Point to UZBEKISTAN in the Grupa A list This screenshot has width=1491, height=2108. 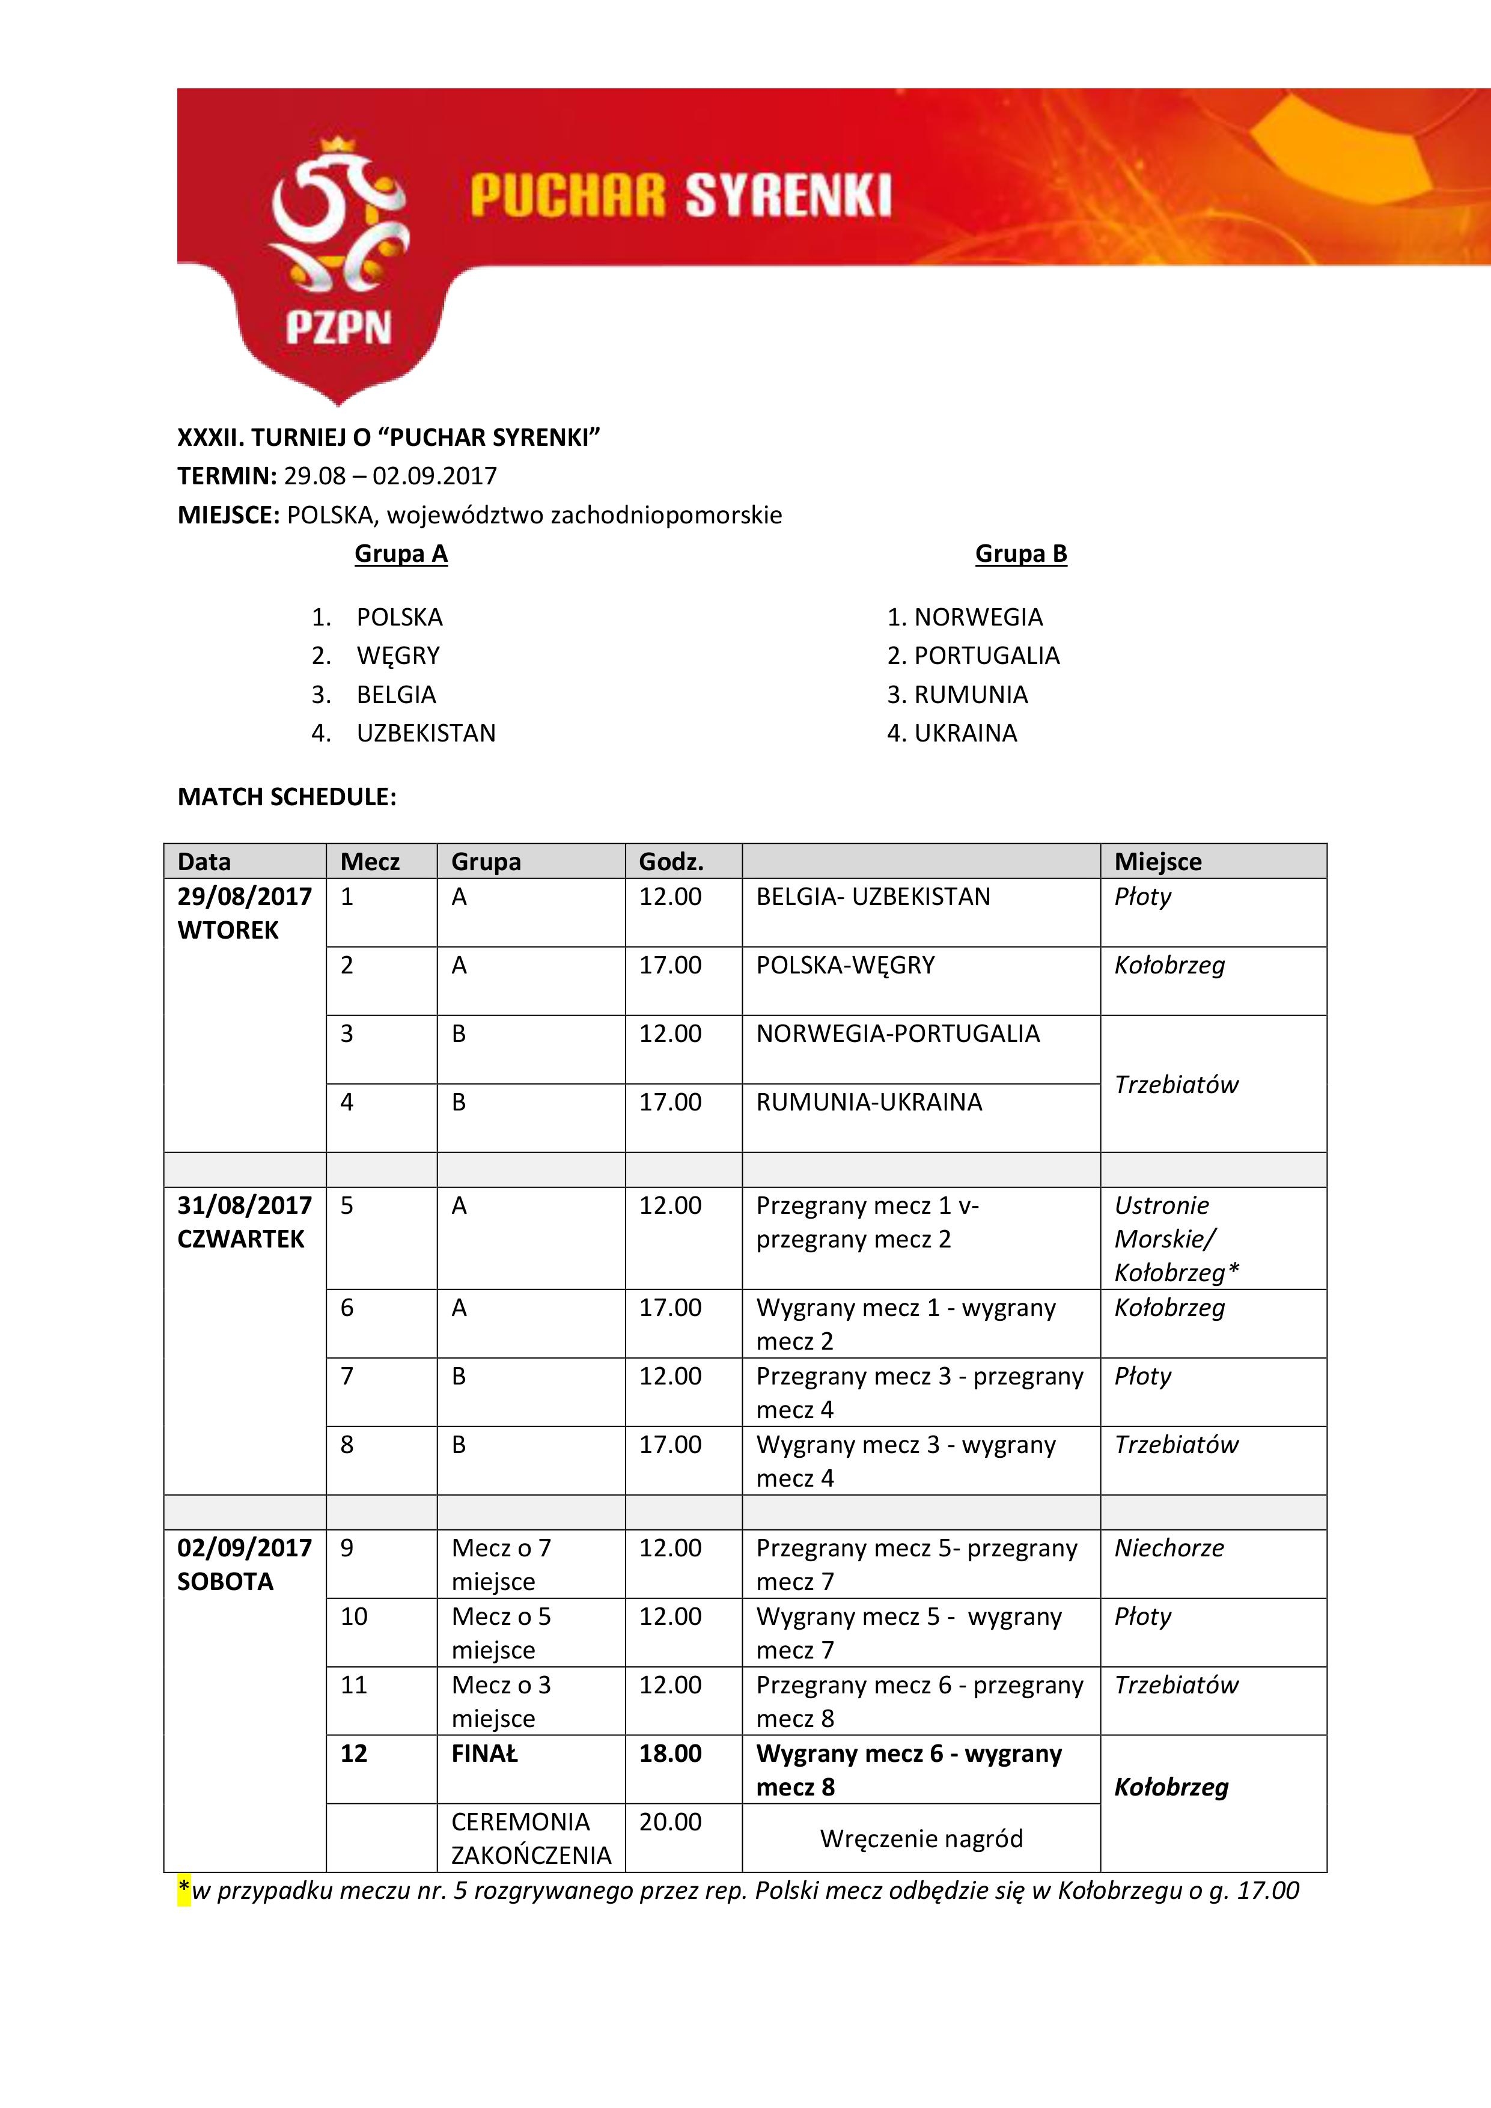[426, 734]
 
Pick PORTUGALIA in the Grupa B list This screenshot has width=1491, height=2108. [986, 656]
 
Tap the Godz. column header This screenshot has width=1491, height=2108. [671, 862]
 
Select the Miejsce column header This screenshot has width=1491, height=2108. [1157, 862]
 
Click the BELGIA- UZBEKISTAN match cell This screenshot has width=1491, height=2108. [873, 897]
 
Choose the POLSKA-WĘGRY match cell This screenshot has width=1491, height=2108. [846, 966]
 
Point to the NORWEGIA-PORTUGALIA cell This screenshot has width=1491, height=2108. [898, 1034]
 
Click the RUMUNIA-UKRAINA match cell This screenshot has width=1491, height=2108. [868, 1103]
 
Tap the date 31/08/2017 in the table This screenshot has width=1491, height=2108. [244, 1205]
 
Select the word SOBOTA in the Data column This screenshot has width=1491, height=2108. [225, 1582]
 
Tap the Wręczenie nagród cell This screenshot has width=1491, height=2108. [921, 1839]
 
